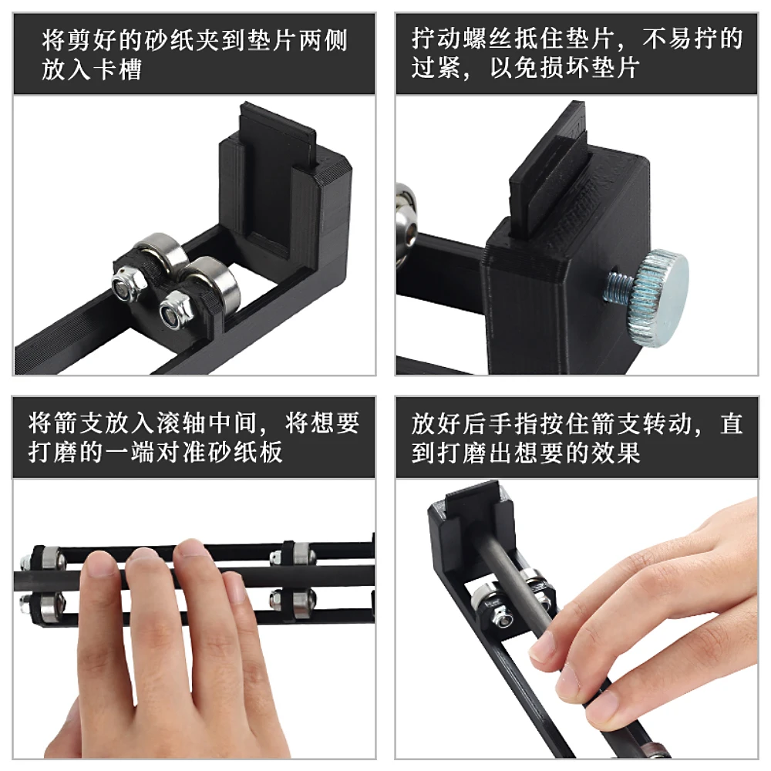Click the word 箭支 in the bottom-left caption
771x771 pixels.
coord(79,423)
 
